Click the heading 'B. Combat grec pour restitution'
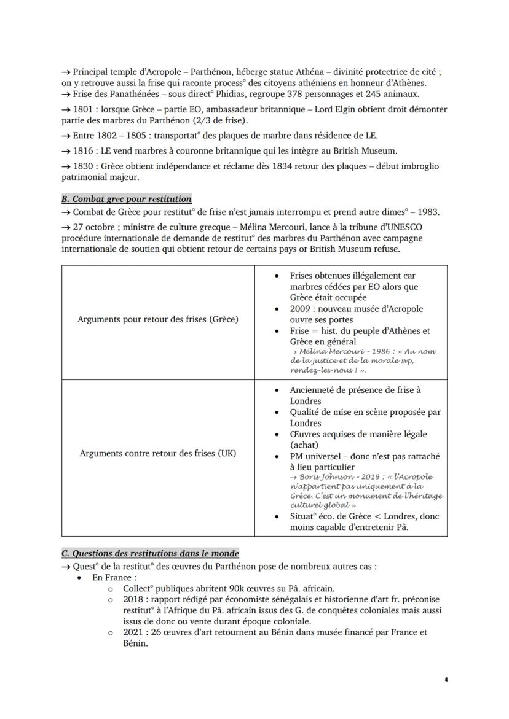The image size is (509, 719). tap(126, 199)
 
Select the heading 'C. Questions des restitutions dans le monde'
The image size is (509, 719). tap(150, 553)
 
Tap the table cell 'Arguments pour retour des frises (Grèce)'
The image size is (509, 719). tap(158, 319)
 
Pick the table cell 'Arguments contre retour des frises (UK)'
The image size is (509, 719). tap(158, 453)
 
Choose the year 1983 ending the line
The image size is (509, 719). tap(427, 212)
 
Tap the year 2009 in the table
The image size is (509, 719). tap(301, 309)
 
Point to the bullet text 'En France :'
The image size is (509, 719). tap(113, 578)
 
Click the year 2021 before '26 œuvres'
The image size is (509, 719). tap(133, 632)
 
